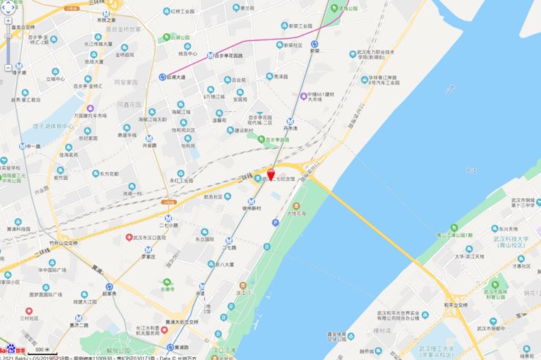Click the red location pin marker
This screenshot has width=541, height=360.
tap(270, 174)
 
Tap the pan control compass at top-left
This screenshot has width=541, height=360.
tap(12, 12)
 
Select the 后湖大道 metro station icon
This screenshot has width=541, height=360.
tap(162, 75)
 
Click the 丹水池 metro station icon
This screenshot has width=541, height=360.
tap(290, 121)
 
